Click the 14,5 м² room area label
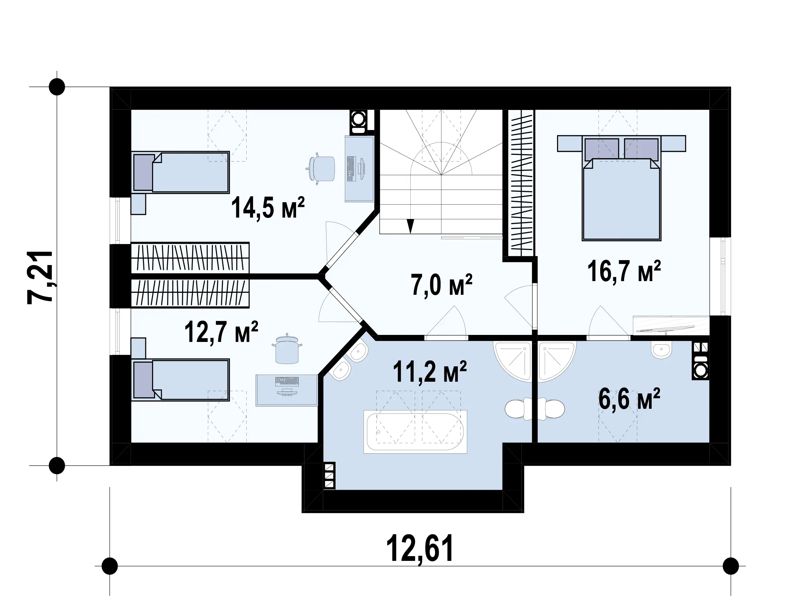point(268,208)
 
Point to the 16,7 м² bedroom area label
point(624,271)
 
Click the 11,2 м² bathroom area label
point(429,371)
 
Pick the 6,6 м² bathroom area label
point(629,398)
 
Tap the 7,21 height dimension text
point(40,277)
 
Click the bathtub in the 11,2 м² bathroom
point(415,432)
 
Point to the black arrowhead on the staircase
point(410,226)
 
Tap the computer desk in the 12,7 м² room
point(287,390)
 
